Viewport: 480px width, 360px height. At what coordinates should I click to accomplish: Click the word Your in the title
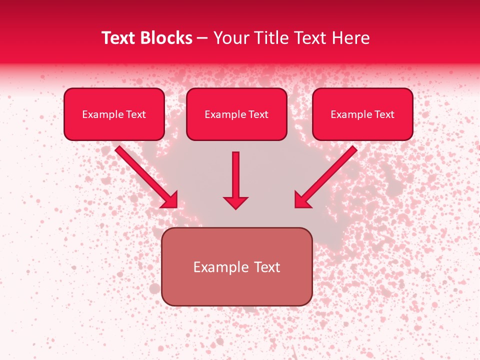[x=230, y=38]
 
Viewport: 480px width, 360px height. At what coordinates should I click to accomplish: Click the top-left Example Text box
[x=114, y=114]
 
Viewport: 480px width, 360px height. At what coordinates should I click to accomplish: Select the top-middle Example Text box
[x=236, y=114]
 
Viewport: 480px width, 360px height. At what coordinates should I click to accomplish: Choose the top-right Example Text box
[x=362, y=114]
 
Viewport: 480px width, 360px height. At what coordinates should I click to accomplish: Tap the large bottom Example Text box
[x=236, y=266]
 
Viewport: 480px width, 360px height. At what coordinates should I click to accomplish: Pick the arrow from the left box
[x=145, y=175]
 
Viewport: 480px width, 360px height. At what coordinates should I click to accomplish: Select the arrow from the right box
[x=327, y=175]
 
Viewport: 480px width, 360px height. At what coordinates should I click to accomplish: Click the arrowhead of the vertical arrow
[x=235, y=202]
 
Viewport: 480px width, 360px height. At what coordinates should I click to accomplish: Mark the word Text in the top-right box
[x=384, y=114]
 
